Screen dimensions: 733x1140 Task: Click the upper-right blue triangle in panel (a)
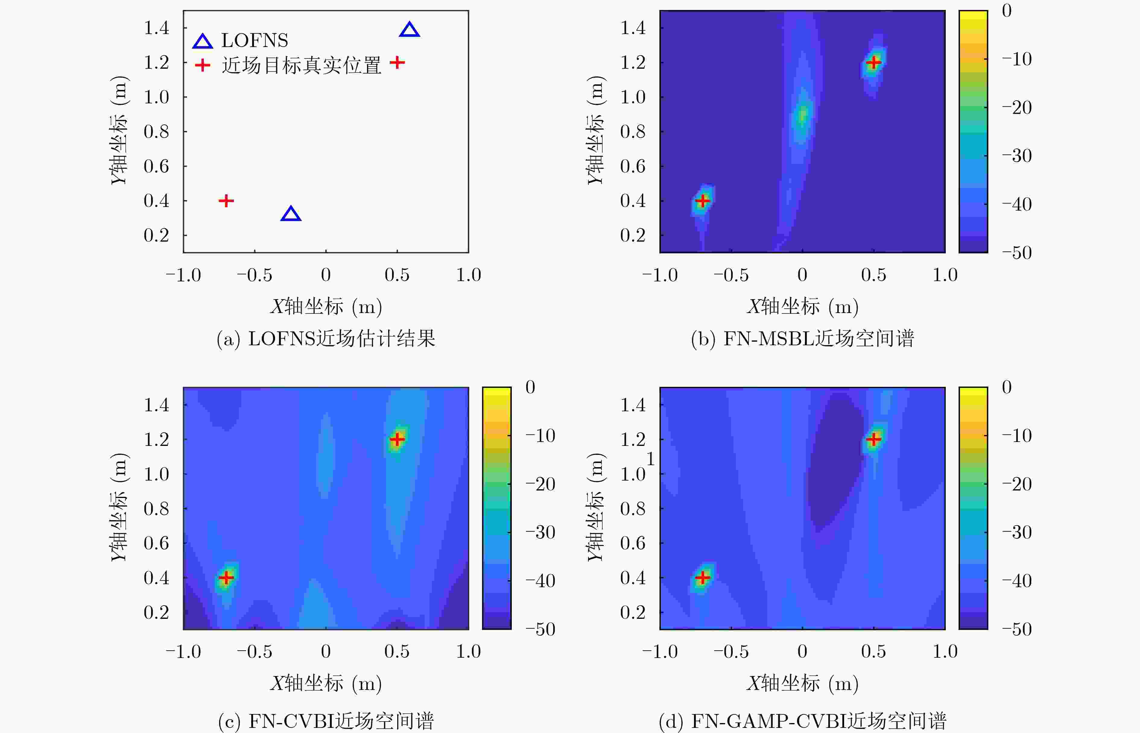[x=409, y=30]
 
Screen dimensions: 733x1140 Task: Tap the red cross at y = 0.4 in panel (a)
[x=226, y=201]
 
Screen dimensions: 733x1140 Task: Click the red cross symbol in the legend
[x=202, y=65]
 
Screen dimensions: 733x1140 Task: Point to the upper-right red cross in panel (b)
[x=873, y=62]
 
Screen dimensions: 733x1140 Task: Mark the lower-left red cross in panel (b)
[x=702, y=201]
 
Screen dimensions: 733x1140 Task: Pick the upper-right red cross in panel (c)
[x=397, y=439]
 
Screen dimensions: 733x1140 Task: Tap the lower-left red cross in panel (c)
[x=226, y=577]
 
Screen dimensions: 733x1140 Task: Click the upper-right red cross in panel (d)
[x=873, y=439]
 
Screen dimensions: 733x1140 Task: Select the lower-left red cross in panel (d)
[x=702, y=577]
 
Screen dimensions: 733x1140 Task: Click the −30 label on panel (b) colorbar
[x=1017, y=156]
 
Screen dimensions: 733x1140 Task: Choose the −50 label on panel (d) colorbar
[x=1017, y=629]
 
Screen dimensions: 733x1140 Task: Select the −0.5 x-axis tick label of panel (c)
[x=255, y=652]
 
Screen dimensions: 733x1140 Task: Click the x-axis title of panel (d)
[x=802, y=684]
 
